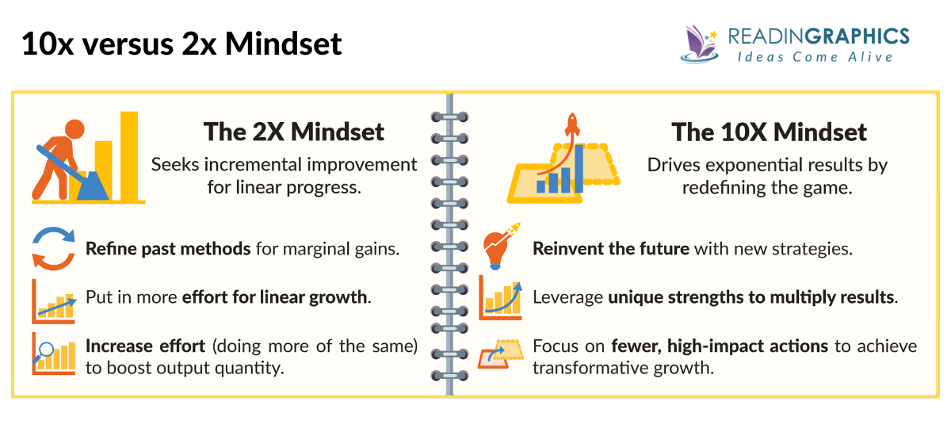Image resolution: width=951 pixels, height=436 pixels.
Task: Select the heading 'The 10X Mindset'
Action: [769, 132]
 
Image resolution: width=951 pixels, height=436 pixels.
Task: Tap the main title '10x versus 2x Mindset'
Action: [181, 43]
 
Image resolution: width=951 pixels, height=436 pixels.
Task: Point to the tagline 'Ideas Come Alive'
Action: [815, 57]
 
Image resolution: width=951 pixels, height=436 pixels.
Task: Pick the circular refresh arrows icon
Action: [54, 247]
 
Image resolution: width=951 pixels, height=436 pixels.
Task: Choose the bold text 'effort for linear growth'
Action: [275, 298]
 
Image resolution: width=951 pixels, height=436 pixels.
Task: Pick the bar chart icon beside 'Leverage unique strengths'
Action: [501, 296]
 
